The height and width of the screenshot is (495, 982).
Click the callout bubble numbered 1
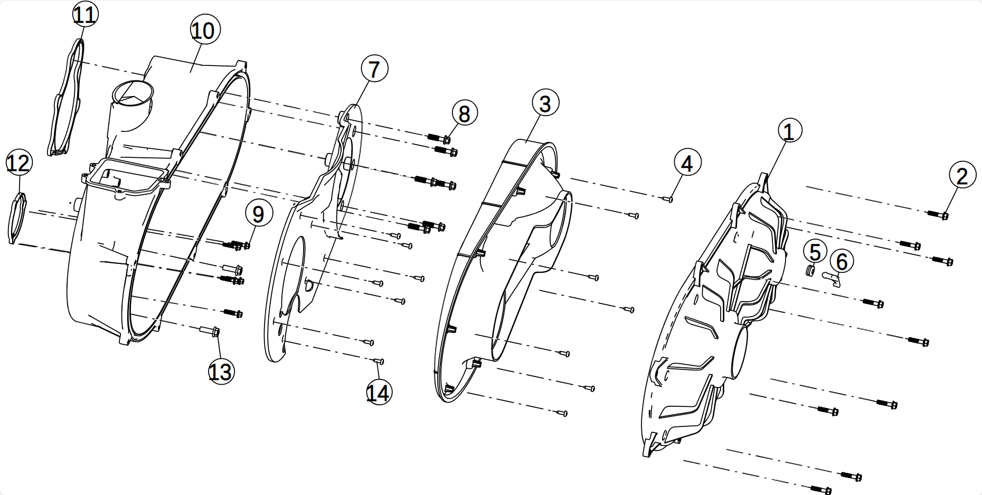789,131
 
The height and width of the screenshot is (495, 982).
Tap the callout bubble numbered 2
962,175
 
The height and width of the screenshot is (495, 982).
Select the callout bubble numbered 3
545,103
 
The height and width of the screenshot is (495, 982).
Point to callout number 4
686,163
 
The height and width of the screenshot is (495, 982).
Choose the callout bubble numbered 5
815,252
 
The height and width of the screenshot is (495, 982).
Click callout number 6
842,261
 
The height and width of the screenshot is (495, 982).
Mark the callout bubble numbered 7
374,69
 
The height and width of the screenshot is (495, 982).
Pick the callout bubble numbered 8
464,113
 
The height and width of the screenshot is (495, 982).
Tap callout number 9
258,214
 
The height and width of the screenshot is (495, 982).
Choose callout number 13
220,372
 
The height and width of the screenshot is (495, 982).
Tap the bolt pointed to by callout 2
938,214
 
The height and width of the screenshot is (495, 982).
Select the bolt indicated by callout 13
210,331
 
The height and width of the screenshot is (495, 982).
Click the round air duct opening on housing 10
133,94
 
